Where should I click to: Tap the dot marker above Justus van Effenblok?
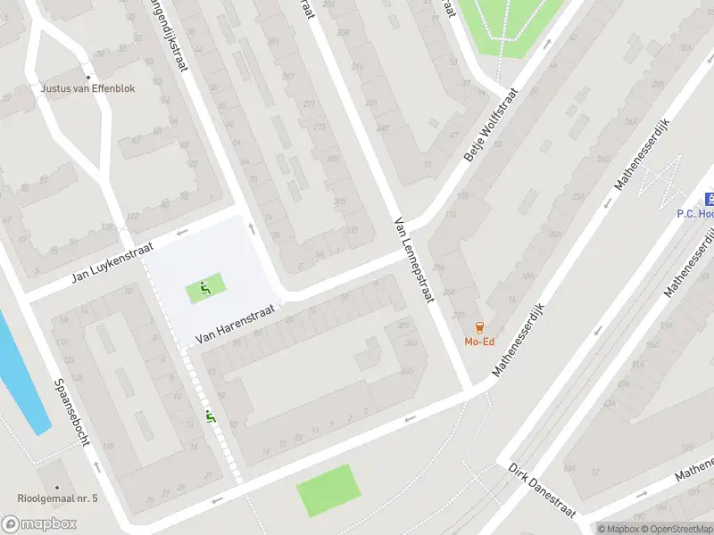click(x=87, y=77)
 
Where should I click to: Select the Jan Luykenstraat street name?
click(x=113, y=263)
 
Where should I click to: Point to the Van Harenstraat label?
click(x=237, y=323)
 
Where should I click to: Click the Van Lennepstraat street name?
click(x=412, y=259)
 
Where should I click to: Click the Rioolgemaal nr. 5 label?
click(x=57, y=498)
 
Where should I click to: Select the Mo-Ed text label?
click(x=480, y=342)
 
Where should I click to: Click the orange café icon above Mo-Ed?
click(x=480, y=326)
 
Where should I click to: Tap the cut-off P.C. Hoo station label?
click(x=694, y=214)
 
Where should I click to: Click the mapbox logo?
click(x=39, y=523)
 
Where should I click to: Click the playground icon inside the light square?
click(x=205, y=288)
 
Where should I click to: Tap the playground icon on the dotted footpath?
click(x=211, y=415)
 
